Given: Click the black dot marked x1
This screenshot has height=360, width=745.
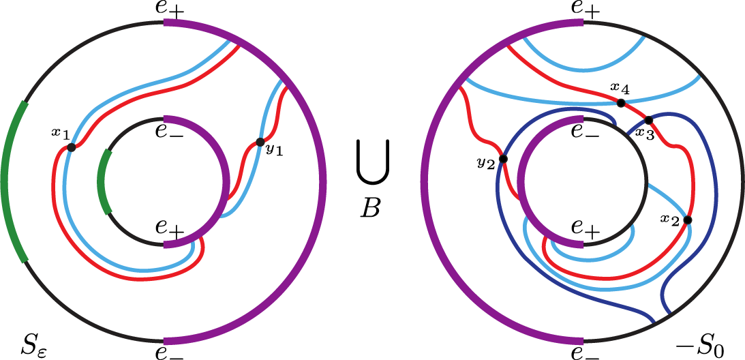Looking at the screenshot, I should (x=71, y=147).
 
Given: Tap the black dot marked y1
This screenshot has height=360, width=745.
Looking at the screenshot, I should (x=260, y=142).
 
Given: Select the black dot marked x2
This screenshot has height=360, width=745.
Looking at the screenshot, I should (x=687, y=220).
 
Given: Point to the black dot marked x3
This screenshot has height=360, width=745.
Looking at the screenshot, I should (x=649, y=120).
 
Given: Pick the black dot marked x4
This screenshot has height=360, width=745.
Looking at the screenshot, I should (x=621, y=103).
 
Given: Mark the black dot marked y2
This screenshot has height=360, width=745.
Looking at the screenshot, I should (x=503, y=159).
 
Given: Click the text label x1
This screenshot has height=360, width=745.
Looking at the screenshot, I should (x=61, y=132).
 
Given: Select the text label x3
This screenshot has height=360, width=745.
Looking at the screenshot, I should (x=644, y=135).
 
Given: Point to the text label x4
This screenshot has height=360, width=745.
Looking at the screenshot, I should (x=620, y=88).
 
